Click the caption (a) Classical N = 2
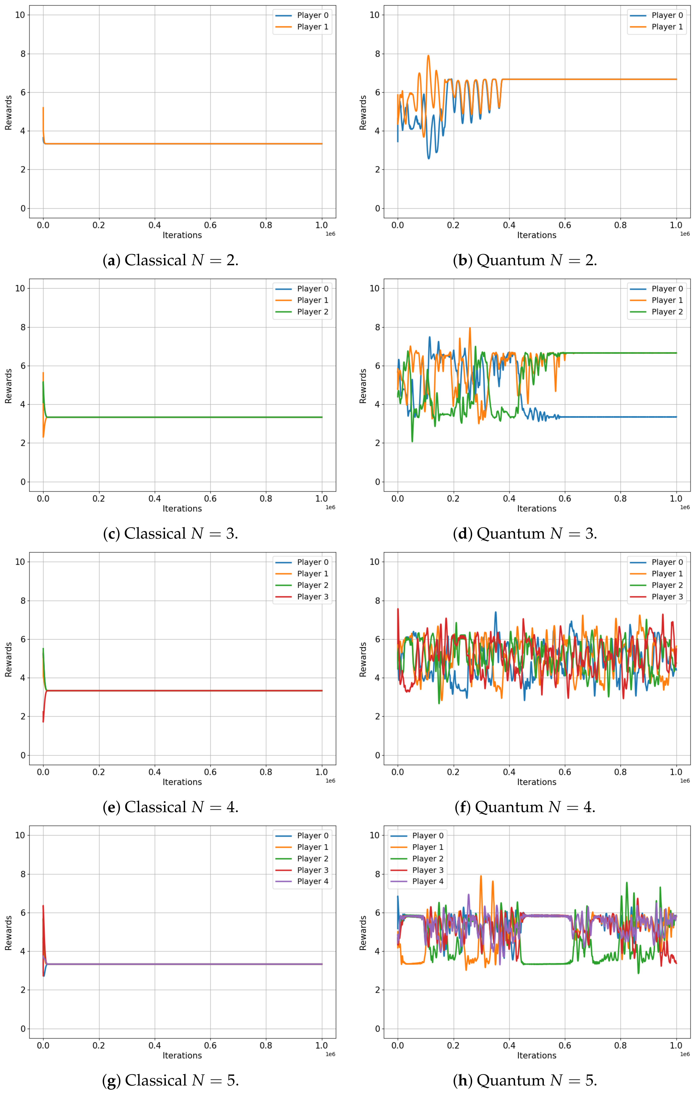171,260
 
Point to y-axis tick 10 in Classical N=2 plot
20,15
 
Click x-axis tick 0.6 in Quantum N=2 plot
565,225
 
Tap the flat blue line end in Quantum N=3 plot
676,417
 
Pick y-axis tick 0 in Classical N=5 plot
23,1029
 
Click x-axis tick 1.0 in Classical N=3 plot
321,498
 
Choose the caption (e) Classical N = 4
171,807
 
